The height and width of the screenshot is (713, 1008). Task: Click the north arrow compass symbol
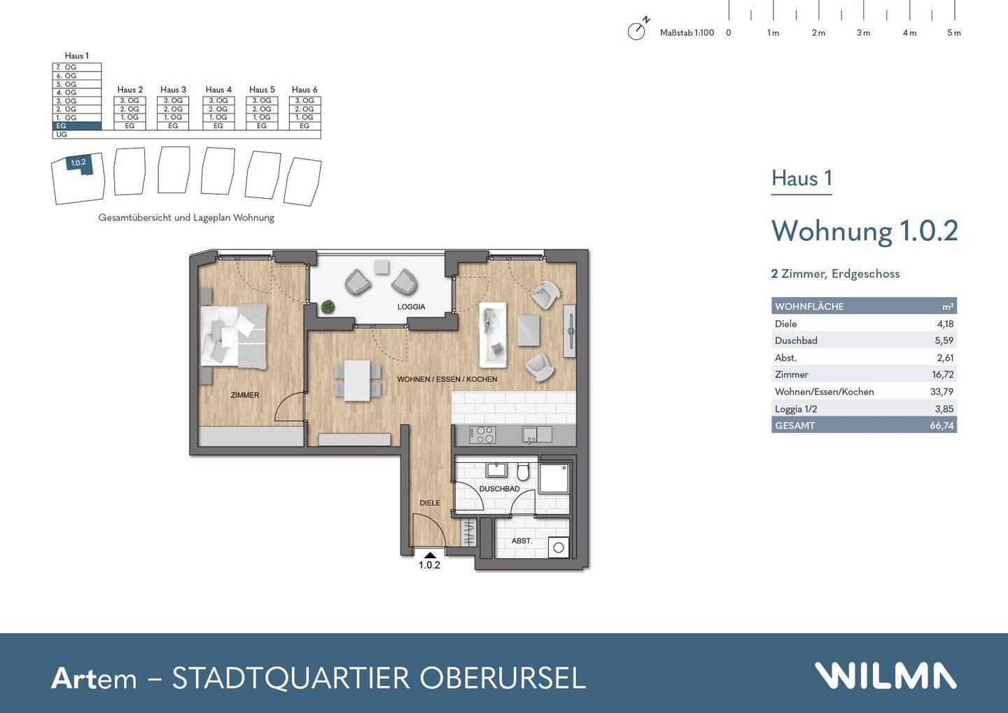point(636,31)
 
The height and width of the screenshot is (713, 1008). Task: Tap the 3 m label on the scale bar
point(863,33)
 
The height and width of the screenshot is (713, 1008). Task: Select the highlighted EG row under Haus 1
point(77,126)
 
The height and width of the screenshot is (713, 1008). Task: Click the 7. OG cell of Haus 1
point(77,67)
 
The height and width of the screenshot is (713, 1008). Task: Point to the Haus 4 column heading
point(218,90)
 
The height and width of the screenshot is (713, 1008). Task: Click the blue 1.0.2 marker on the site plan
point(78,163)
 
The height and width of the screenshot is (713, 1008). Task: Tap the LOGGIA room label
point(411,307)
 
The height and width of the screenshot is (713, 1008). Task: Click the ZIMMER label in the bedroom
point(245,395)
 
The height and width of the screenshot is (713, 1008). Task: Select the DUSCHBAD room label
point(499,489)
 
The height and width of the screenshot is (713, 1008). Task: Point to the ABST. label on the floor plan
point(521,541)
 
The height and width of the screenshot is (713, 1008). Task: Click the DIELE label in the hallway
point(430,503)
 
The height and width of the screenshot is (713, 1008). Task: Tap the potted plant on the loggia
point(327,307)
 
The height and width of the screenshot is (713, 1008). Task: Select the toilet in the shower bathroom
point(523,473)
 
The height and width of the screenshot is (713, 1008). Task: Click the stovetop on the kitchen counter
point(482,435)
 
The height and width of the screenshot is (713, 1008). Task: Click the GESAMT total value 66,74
point(941,425)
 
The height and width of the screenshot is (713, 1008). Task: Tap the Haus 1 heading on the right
point(801,179)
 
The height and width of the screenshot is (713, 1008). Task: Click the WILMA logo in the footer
point(885,676)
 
